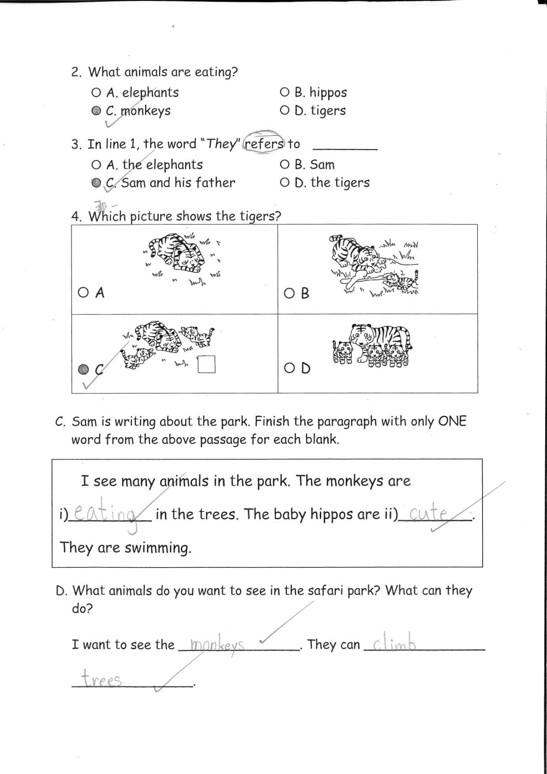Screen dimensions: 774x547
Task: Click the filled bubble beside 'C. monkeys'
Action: (x=96, y=111)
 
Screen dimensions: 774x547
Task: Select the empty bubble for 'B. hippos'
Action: (x=284, y=92)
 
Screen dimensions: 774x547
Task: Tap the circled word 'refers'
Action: (x=264, y=143)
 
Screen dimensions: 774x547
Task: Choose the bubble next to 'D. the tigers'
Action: (x=284, y=182)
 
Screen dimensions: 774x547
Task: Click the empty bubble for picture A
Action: (x=83, y=293)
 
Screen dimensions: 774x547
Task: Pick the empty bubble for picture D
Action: (x=289, y=368)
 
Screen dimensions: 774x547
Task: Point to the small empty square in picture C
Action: (x=207, y=364)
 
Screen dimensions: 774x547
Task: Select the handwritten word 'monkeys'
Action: (x=217, y=645)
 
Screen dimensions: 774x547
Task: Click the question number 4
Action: (x=76, y=216)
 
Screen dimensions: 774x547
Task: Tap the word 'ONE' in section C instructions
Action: (x=452, y=421)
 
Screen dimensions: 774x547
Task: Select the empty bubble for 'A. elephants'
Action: (x=96, y=92)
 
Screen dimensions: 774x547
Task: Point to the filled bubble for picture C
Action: (x=84, y=369)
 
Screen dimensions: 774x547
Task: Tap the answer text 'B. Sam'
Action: (x=314, y=164)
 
